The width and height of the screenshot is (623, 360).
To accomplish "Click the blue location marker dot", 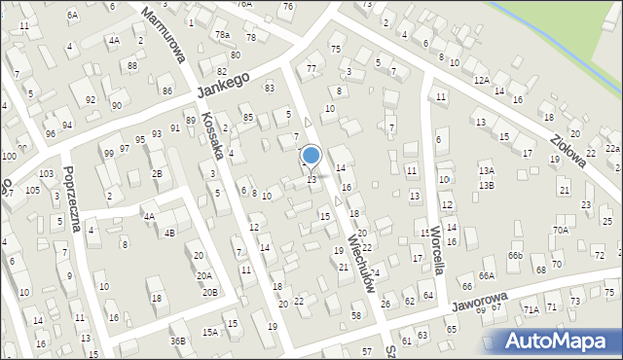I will tap(311, 155).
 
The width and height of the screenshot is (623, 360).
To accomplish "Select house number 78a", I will tap(222, 35).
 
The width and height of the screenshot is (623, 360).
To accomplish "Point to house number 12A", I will tap(481, 80).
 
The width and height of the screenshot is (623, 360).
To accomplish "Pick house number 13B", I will tap(487, 185).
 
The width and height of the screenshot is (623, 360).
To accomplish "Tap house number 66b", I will tap(514, 256).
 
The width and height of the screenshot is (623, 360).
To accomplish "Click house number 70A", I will tap(561, 230).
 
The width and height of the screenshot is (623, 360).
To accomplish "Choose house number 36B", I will tap(177, 341).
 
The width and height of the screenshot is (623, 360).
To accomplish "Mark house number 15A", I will tap(209, 333).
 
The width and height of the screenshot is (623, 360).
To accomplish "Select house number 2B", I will tap(157, 173).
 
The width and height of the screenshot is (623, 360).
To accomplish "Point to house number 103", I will tap(46, 173).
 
